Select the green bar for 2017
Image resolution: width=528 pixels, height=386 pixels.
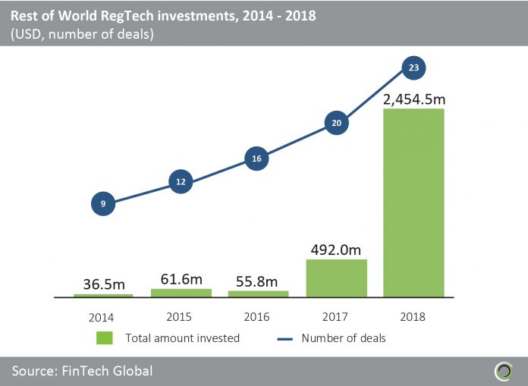(336, 278)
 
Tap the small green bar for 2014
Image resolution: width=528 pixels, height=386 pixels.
(103, 294)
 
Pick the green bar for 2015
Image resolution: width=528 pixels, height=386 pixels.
(181, 292)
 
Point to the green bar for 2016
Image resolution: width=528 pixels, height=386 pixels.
(258, 293)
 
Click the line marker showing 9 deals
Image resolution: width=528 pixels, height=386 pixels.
(103, 203)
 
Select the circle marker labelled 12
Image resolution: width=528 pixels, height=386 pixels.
(181, 182)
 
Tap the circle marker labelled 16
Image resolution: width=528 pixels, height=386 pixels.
(258, 158)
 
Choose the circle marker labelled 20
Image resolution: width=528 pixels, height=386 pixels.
(336, 122)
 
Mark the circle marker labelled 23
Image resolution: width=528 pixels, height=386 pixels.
(413, 67)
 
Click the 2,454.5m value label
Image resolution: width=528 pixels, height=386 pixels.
(413, 97)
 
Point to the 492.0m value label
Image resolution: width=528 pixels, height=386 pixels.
(335, 248)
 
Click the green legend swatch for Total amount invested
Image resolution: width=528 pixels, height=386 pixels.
(105, 337)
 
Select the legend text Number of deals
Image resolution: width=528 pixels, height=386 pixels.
(344, 337)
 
